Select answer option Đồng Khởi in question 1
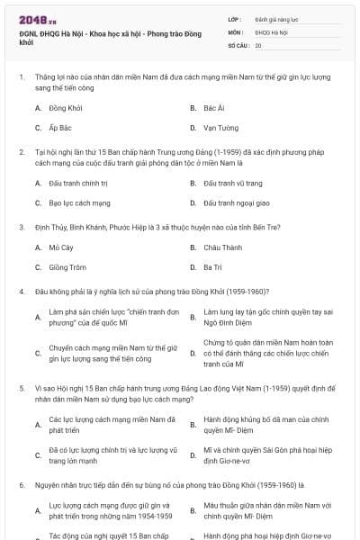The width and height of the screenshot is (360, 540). click(65, 108)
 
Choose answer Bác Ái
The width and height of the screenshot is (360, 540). click(213, 108)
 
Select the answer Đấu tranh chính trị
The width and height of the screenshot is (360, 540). click(78, 183)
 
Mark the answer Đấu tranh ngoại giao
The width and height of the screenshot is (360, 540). click(236, 203)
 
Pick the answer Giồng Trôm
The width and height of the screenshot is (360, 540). click(67, 267)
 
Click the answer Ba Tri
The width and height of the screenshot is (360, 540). click(211, 267)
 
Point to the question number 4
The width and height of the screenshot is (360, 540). click(21, 292)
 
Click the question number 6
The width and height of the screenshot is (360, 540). click(21, 485)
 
